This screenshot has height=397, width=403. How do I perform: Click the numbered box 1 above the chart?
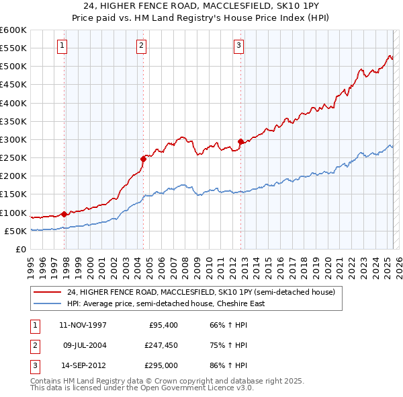coord(62,46)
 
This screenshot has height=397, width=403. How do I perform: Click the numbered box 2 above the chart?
coord(142,46)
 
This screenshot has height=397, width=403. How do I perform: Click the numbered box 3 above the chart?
coord(238,46)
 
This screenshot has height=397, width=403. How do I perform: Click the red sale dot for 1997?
coord(64,214)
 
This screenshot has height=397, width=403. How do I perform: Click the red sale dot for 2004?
coord(143,159)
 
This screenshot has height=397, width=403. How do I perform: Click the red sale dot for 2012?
coord(240,141)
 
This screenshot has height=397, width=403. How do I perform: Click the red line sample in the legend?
coord(47,293)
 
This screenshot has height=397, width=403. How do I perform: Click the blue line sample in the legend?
coord(47,303)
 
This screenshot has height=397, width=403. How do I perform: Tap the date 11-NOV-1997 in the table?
coord(83,325)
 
